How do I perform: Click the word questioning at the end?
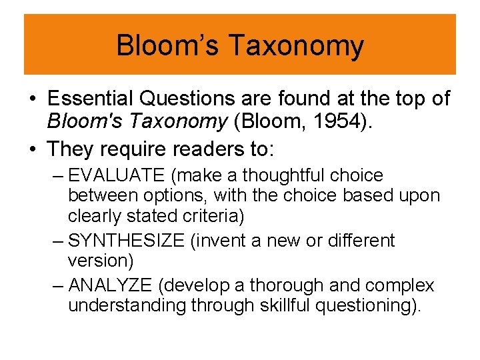pyautogui.click(x=352, y=306)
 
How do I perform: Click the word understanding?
pyautogui.click(x=127, y=306)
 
